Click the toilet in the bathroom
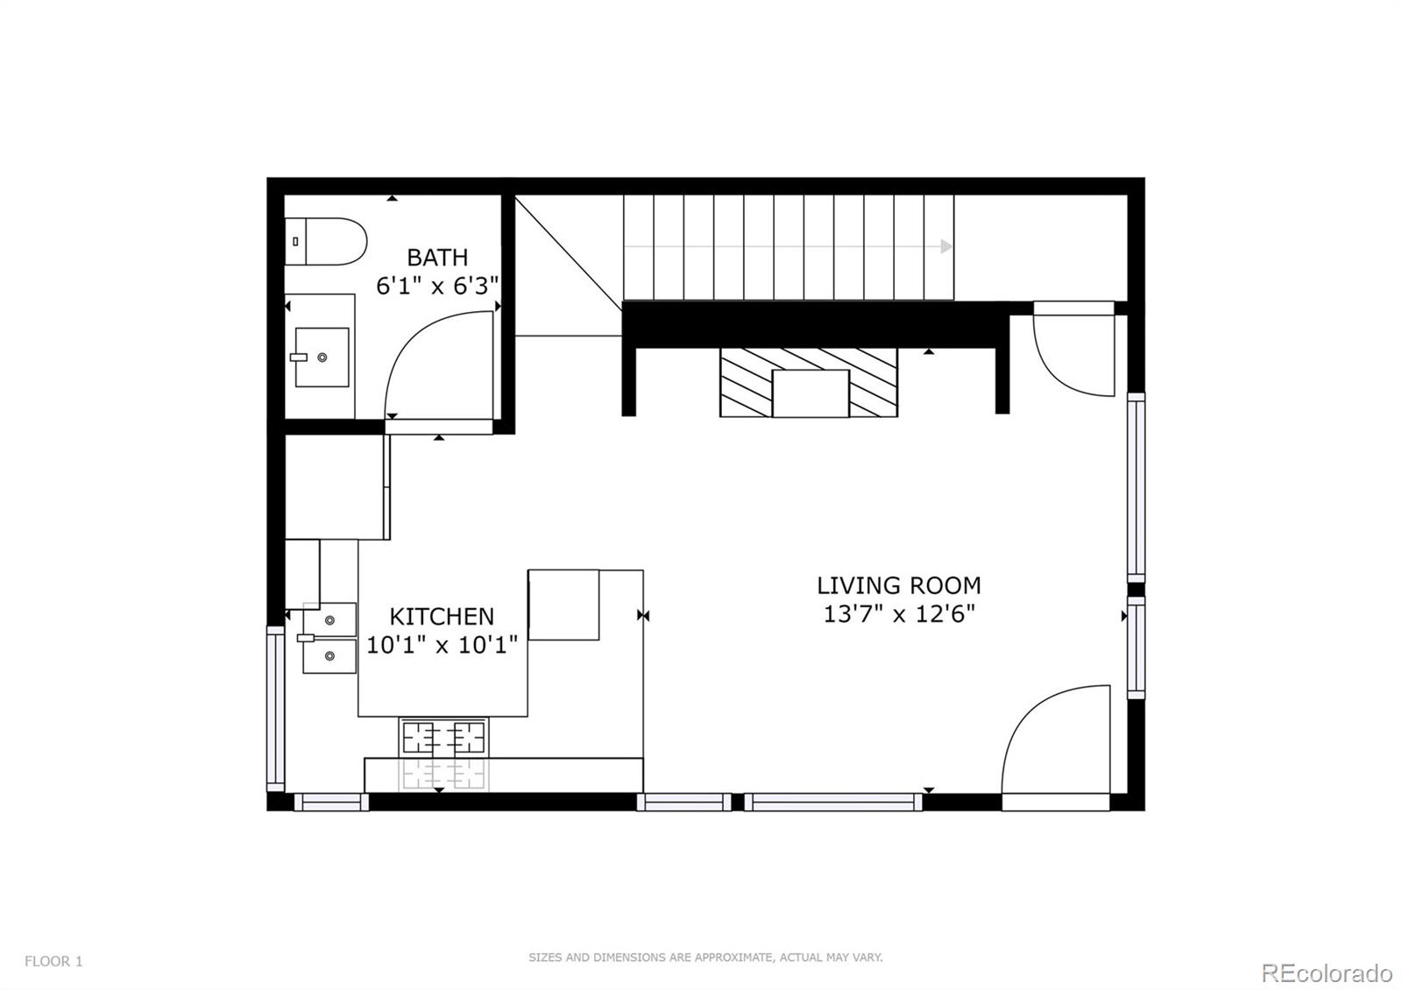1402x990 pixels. [325, 242]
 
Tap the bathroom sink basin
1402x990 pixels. [322, 357]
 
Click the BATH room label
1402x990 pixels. [437, 258]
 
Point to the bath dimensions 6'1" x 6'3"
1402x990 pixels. [437, 286]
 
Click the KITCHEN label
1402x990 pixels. [442, 617]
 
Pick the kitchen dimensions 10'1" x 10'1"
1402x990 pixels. [442, 646]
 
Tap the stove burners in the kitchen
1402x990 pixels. [443, 738]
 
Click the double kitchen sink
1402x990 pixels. [329, 638]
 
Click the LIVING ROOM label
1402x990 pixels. [898, 585]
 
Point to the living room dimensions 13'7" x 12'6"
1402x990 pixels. [898, 614]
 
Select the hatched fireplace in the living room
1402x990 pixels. [809, 382]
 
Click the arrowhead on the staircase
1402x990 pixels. [946, 247]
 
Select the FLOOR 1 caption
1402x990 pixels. [53, 961]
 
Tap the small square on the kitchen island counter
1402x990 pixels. [563, 605]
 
